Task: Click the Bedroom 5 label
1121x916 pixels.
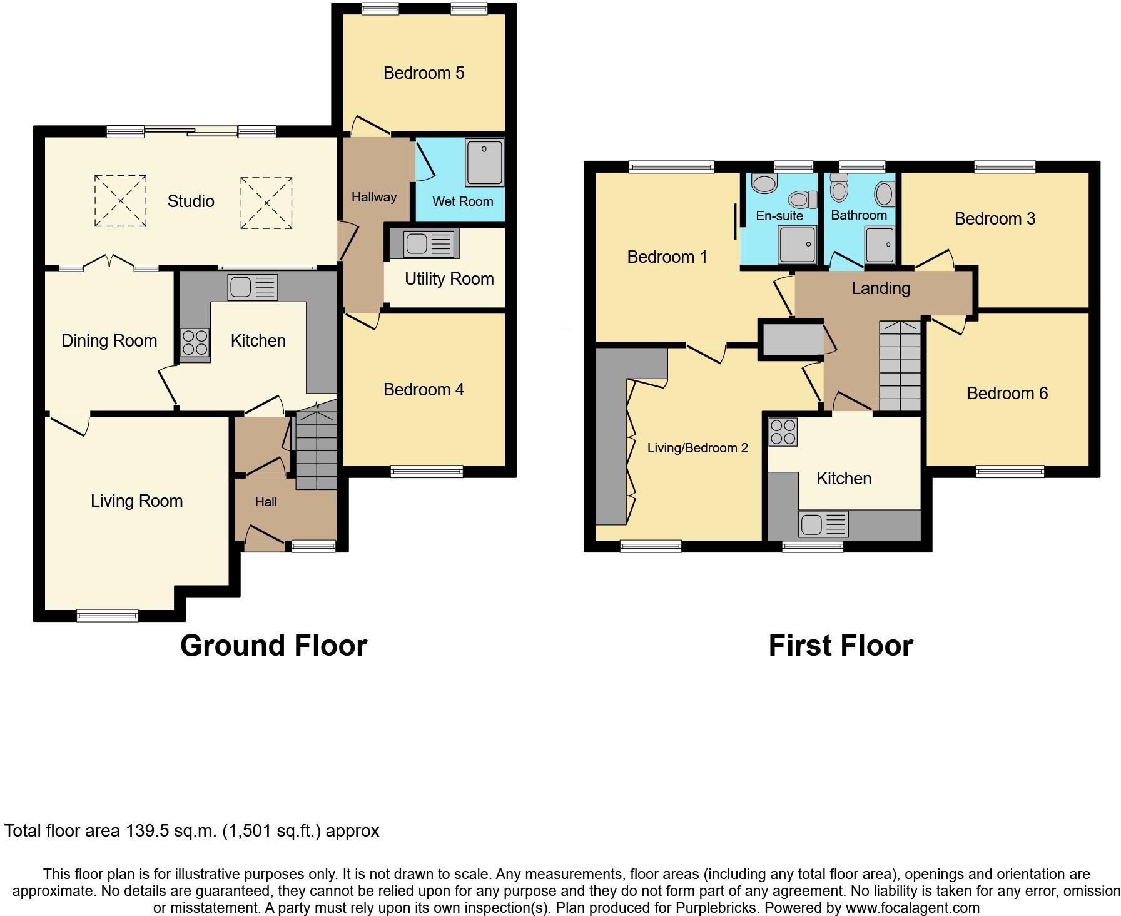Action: pos(424,73)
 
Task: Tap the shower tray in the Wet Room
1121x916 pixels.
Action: pos(484,163)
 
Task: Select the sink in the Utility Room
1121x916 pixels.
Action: pos(416,244)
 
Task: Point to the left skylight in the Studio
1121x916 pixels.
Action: pos(120,201)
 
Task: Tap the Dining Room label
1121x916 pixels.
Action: pos(109,341)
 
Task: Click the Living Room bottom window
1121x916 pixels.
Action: pos(108,616)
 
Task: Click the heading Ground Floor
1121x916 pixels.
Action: pos(273,646)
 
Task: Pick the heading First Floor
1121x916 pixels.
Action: pos(840,646)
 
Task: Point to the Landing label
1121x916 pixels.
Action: pos(880,288)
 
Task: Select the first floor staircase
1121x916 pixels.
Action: pos(900,366)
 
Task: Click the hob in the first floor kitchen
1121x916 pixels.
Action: pos(783,432)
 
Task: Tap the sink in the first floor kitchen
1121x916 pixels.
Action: pos(811,524)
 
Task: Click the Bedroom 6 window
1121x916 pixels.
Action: pos(1010,472)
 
